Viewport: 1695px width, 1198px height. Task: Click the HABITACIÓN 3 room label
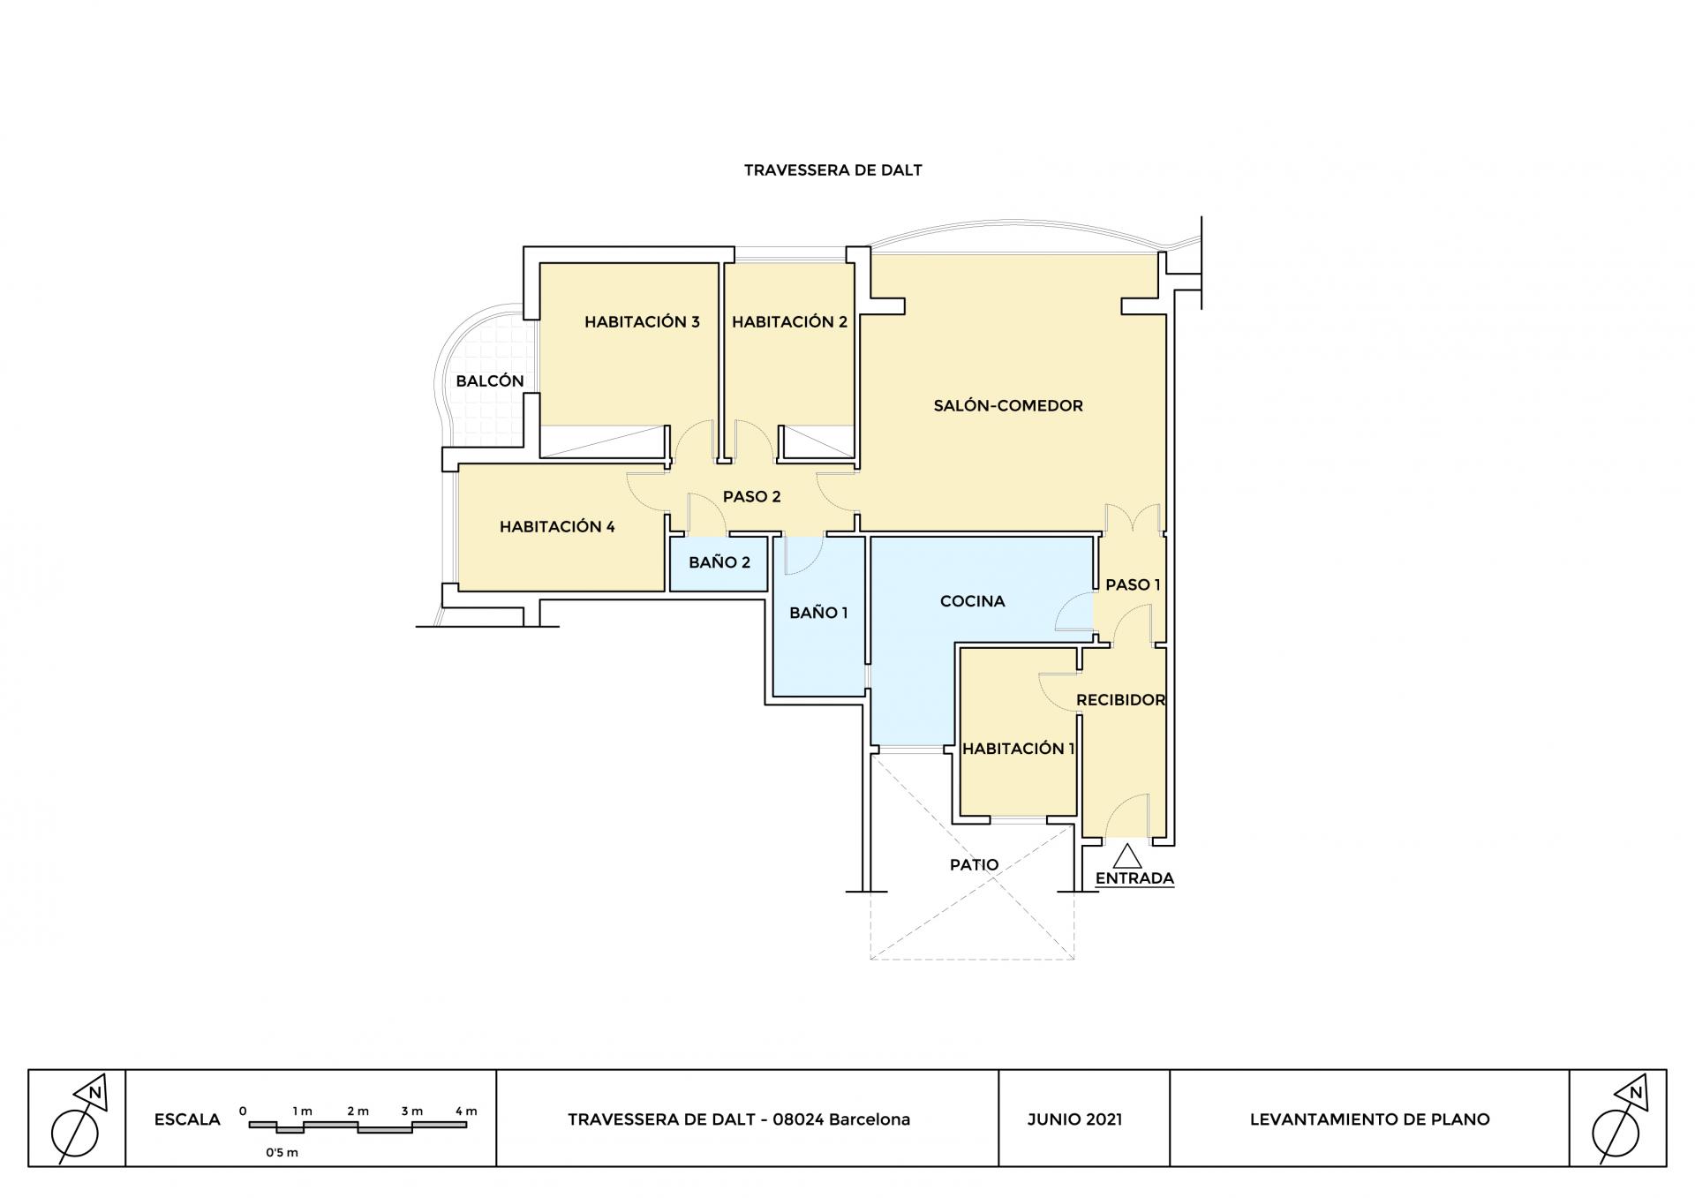tap(642, 322)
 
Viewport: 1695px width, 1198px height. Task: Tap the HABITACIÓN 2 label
tap(789, 322)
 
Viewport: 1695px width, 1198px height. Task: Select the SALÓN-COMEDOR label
tap(1008, 406)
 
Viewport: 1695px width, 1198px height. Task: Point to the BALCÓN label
tap(490, 381)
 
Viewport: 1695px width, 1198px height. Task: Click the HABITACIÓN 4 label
tap(557, 527)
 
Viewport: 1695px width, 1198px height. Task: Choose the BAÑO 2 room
tap(719, 562)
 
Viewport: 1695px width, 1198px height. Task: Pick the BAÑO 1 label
tap(818, 613)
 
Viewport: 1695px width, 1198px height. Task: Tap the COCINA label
tap(972, 601)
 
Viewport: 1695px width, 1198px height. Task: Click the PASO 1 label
tap(1133, 584)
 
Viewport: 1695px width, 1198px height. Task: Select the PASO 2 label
tap(751, 497)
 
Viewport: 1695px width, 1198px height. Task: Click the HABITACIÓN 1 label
tap(1018, 749)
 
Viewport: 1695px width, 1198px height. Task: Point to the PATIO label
tap(974, 865)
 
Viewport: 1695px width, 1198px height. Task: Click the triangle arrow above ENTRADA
tap(1127, 856)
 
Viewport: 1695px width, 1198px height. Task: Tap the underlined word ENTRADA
tap(1134, 878)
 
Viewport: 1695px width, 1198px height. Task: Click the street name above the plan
tap(832, 170)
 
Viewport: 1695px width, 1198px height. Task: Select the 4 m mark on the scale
tap(466, 1111)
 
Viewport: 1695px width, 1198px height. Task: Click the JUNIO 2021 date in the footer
tap(1074, 1119)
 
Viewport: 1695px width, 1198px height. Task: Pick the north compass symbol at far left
tap(77, 1119)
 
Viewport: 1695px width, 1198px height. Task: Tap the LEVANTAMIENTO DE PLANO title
tap(1369, 1119)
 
